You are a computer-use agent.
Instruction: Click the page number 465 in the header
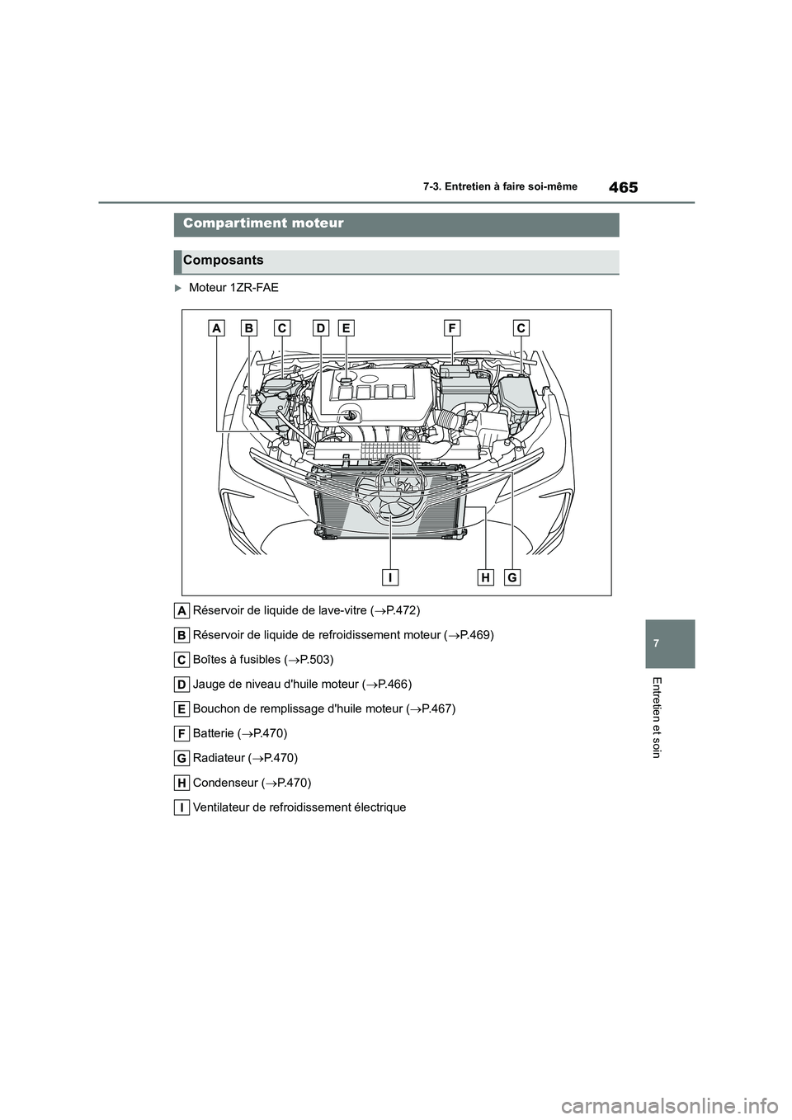coord(623,187)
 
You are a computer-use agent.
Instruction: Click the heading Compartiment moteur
coord(263,224)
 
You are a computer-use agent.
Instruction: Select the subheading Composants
coord(224,261)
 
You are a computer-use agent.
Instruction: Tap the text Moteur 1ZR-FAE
coord(233,288)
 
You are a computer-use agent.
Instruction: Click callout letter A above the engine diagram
coord(216,328)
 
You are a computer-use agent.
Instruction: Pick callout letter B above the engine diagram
coord(248,328)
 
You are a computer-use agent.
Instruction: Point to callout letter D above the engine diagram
coord(320,328)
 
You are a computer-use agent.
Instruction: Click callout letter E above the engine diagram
coord(346,328)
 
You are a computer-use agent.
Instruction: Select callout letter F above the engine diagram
coord(451,328)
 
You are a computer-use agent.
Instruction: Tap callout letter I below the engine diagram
coord(388,577)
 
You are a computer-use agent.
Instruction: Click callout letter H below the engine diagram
coord(485,577)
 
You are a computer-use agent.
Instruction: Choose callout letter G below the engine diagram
coord(512,577)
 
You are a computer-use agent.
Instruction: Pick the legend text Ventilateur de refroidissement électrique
coord(299,807)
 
